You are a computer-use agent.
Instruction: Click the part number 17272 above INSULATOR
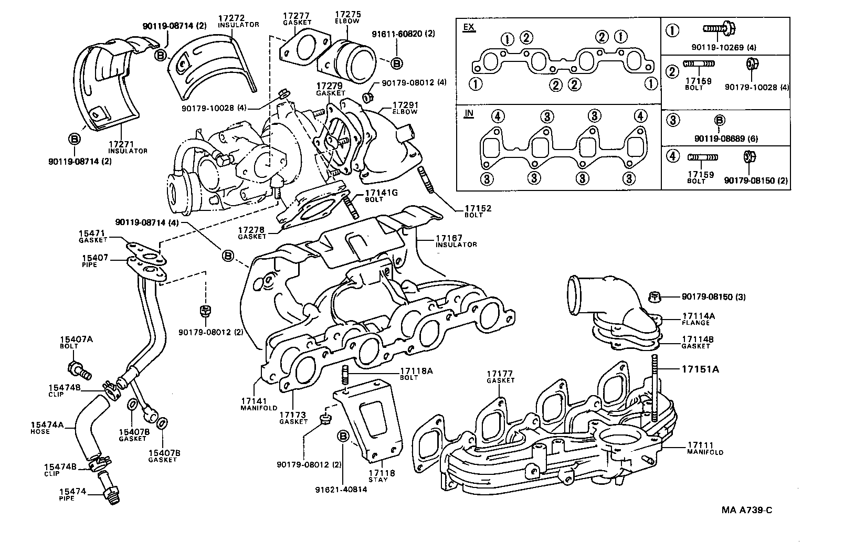231,18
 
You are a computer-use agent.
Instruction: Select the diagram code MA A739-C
746,509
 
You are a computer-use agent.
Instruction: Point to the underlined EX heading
469,27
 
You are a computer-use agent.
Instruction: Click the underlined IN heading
468,113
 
